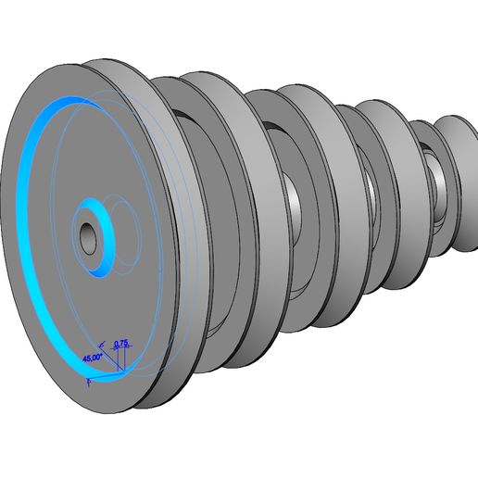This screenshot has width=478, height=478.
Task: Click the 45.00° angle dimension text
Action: [92, 357]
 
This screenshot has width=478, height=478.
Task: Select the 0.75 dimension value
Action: [120, 344]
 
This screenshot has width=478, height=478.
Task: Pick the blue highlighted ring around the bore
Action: [104, 257]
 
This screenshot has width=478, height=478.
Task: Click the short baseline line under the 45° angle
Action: [104, 374]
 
